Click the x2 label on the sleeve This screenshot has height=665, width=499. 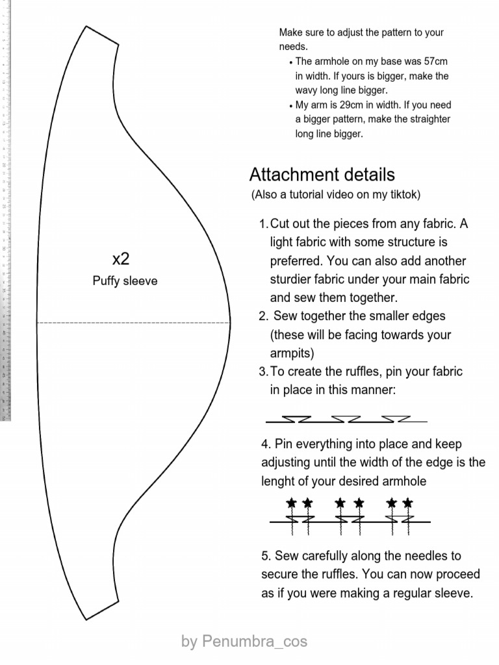(121, 259)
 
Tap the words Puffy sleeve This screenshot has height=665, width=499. (125, 281)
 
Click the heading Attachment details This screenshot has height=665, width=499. (322, 175)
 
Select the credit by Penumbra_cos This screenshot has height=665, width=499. (244, 642)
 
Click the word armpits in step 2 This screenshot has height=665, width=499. (290, 353)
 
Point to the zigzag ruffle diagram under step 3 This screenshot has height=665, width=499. (346, 419)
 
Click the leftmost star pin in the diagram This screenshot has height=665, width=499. (292, 503)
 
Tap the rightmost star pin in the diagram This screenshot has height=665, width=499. (407, 503)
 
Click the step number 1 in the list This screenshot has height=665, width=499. (262, 224)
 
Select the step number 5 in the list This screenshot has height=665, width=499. (265, 556)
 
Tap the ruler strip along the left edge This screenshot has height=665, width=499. (6, 208)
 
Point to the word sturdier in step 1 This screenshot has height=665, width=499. (292, 279)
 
